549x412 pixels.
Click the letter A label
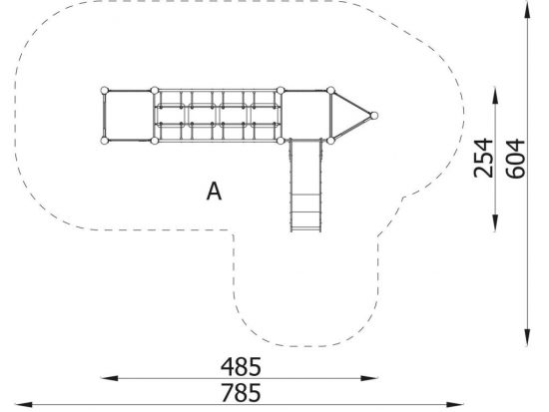pos(214,192)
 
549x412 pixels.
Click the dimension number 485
pos(241,366)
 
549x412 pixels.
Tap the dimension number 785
pos(241,392)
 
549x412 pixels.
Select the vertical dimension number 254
pos(483,158)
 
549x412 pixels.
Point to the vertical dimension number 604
pos(515,159)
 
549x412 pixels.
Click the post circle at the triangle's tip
pos(374,116)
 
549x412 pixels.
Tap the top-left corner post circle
pos(105,91)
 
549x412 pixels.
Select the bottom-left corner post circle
pos(105,141)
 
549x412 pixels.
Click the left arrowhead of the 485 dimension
pos(109,378)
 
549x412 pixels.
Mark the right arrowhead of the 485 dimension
pos(369,378)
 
